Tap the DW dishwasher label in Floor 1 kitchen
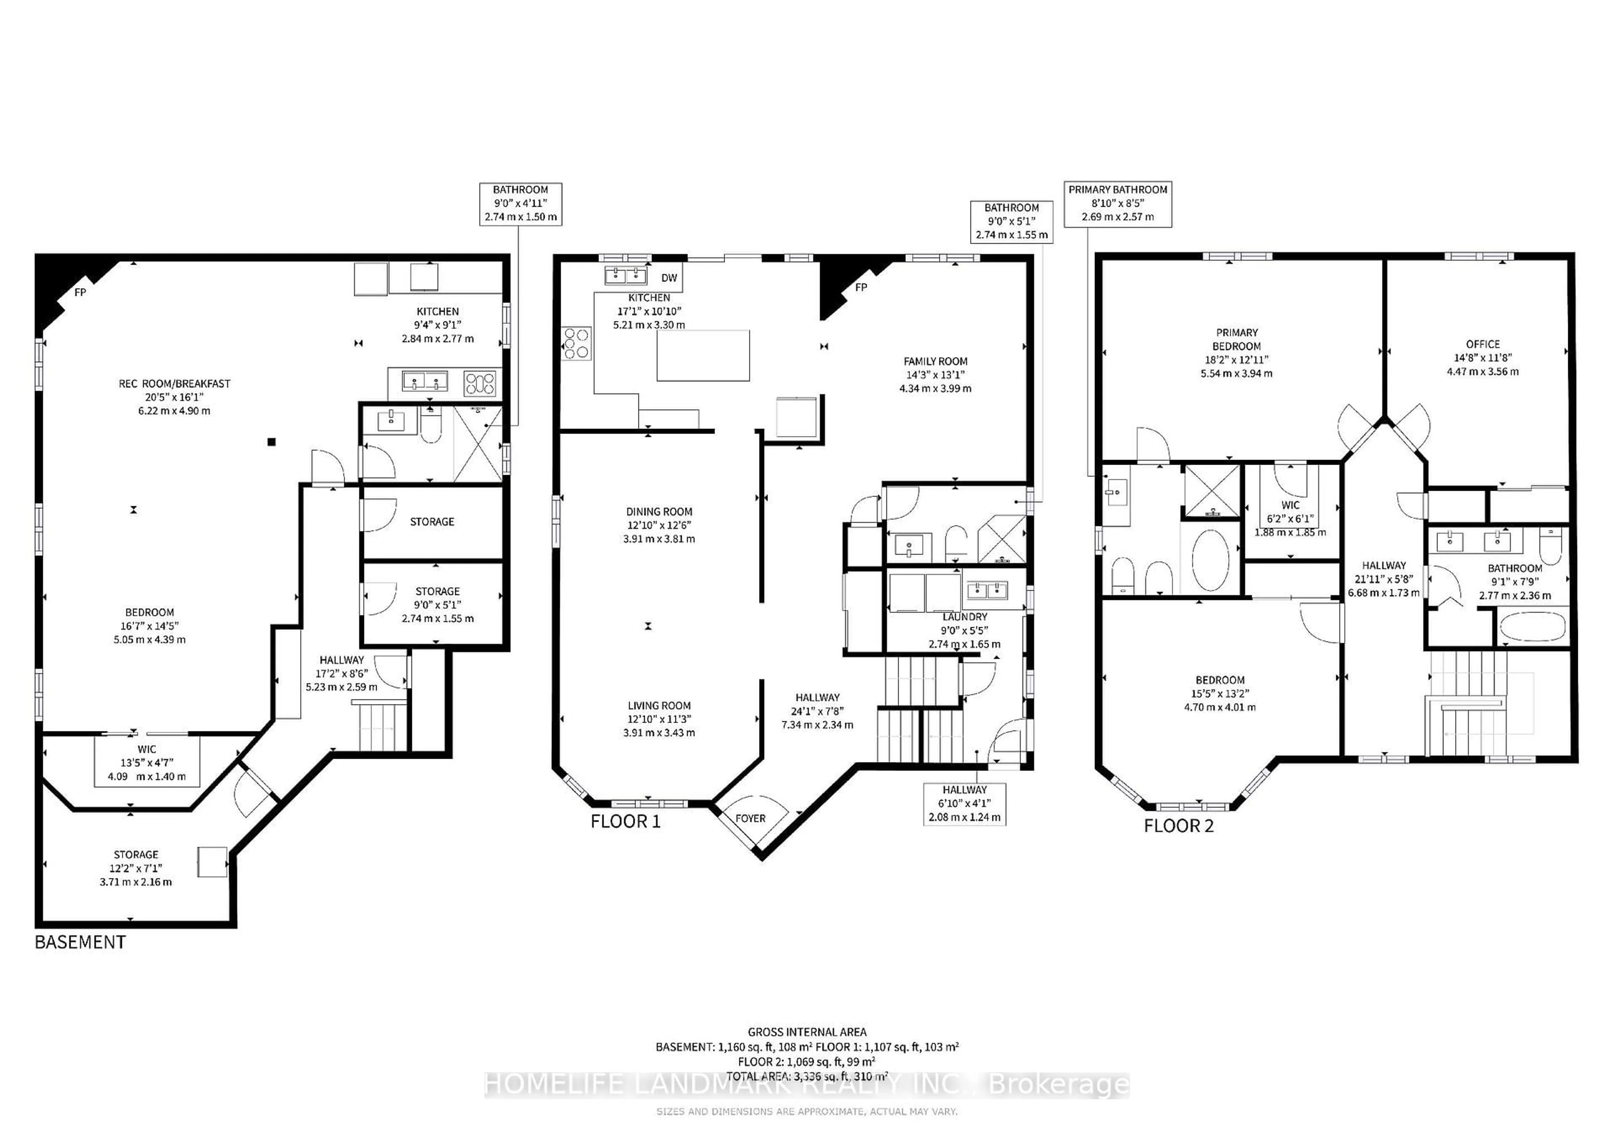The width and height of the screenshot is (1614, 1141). [669, 278]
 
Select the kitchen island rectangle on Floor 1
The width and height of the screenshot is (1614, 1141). [703, 355]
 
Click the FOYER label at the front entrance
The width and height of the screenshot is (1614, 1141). [750, 818]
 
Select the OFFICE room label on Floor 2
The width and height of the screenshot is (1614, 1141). [1482, 344]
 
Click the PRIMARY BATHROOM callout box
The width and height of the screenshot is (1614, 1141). [1118, 204]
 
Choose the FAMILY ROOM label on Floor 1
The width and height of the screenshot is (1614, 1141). [935, 361]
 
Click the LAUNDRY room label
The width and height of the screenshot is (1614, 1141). [965, 617]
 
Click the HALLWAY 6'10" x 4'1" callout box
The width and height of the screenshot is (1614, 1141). [965, 804]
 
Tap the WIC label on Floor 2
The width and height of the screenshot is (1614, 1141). [1290, 505]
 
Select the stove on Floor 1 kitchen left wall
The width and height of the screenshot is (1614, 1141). [576, 344]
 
